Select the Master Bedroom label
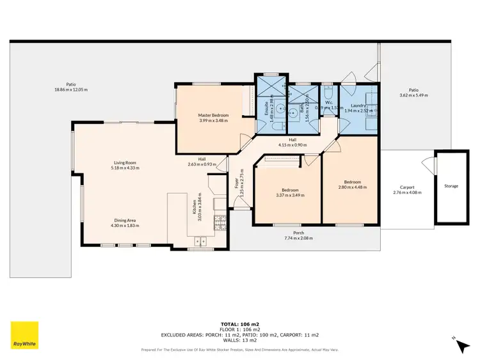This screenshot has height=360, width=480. click(214, 115)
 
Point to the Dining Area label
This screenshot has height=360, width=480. click(124, 221)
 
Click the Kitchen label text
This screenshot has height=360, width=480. click(195, 207)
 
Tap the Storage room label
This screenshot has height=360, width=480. click(451, 186)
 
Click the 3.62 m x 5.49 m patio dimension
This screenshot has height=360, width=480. click(413, 95)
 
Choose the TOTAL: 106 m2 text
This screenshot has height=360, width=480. click(240, 325)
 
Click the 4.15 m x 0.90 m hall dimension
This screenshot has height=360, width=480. click(291, 145)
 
